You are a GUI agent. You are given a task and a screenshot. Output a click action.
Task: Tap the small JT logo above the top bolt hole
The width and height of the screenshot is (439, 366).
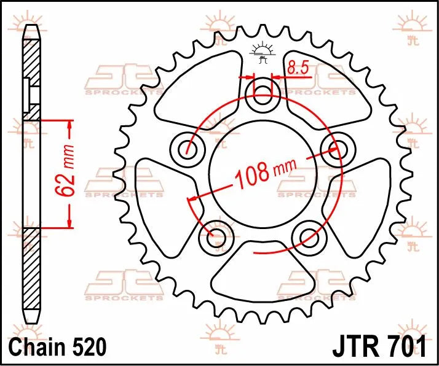(263, 53)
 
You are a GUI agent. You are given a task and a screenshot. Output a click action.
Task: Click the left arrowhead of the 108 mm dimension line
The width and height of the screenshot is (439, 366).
(192, 200)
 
